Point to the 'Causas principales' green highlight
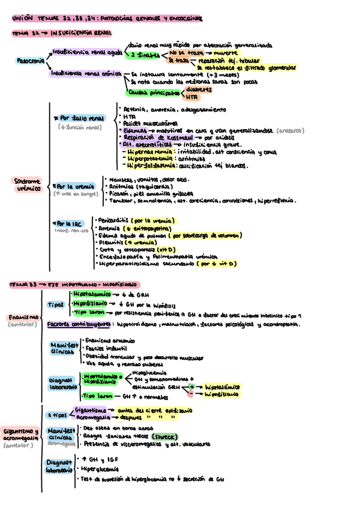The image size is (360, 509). pyautogui.click(x=154, y=93)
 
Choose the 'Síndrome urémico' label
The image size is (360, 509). pyautogui.click(x=26, y=184)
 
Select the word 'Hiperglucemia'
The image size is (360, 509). pyautogui.click(x=102, y=469)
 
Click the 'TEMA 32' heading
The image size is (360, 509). pyautogui.click(x=25, y=34)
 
